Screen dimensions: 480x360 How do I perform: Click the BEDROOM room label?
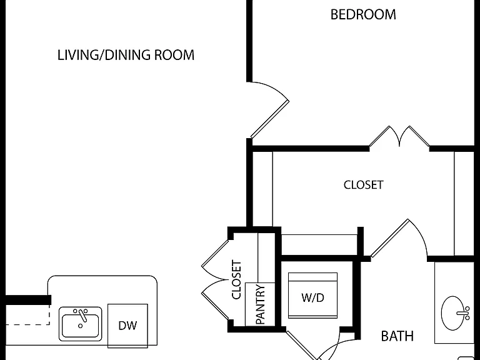point(363,15)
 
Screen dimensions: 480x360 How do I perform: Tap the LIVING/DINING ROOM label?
point(126,55)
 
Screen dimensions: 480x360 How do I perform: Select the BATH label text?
point(397,336)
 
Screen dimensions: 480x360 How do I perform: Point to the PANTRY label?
point(260,304)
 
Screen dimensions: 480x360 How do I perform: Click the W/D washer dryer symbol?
point(312,296)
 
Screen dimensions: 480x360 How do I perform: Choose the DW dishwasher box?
point(127,326)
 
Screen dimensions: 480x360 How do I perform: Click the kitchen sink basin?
point(80,324)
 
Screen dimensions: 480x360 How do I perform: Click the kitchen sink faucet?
point(81,315)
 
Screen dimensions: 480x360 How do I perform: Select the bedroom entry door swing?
point(269,110)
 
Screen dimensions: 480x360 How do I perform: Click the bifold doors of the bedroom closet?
point(399,136)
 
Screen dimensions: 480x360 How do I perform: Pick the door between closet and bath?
point(398,239)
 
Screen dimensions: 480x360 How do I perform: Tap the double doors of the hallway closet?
point(215,280)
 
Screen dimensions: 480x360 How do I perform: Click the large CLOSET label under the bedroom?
point(363,185)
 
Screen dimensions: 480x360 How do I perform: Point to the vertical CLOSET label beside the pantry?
point(237,279)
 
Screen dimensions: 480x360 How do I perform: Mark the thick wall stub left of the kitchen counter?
point(28,300)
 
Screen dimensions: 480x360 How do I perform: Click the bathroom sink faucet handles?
point(464,313)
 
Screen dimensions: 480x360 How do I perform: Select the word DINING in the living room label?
point(127,55)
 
